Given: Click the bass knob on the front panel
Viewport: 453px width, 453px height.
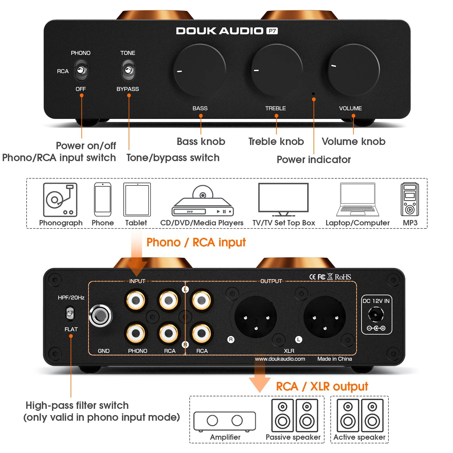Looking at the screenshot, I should coord(200,70).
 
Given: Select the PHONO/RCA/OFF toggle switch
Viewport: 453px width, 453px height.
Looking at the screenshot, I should coord(81,70).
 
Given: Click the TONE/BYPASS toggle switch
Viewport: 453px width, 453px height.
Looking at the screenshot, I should coord(128,70).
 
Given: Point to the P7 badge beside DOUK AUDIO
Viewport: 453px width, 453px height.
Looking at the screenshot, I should coord(272,31).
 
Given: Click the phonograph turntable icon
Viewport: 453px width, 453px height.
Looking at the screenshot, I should coord(60,200).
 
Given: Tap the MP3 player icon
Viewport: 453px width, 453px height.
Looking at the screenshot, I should coord(409,199).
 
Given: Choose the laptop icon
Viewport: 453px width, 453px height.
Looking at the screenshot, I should coord(358,200).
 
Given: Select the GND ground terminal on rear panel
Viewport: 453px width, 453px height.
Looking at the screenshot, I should coord(101,316).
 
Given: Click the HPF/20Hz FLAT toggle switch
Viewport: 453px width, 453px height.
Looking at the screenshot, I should coord(70,313).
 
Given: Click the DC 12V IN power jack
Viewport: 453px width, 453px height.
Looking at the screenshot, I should coord(376,315).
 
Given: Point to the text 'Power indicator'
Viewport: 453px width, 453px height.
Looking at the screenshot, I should coord(314,160).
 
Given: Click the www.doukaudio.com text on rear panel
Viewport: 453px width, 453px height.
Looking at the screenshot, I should coord(280,359).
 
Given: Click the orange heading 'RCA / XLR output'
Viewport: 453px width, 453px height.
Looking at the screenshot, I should coord(322,386).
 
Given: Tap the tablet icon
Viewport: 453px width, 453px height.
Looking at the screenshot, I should coord(137,199).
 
